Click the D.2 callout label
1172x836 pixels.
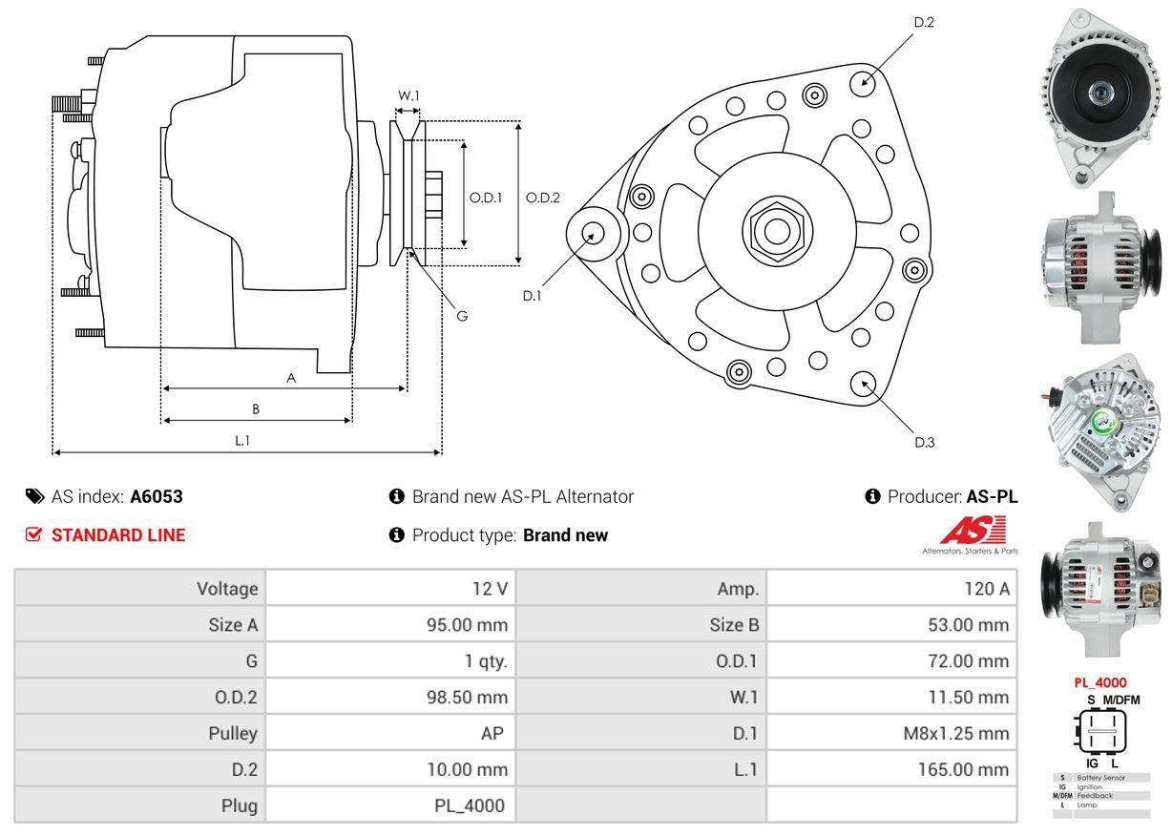923,22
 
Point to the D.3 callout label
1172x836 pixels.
924,442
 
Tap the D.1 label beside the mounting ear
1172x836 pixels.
532,296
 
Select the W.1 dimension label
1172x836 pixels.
408,95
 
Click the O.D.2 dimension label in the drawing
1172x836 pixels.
543,199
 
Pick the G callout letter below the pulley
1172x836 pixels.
462,316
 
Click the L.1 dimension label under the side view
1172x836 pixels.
242,440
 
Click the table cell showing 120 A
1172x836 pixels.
986,589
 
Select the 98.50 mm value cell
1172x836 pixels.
467,698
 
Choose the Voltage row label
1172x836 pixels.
227,589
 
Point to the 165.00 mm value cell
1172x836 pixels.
965,770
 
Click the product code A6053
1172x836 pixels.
157,496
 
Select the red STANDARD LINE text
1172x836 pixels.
118,535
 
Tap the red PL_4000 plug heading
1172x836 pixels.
1099,682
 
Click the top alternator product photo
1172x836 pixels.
1102,95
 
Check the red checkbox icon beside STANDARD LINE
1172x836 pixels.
33,535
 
